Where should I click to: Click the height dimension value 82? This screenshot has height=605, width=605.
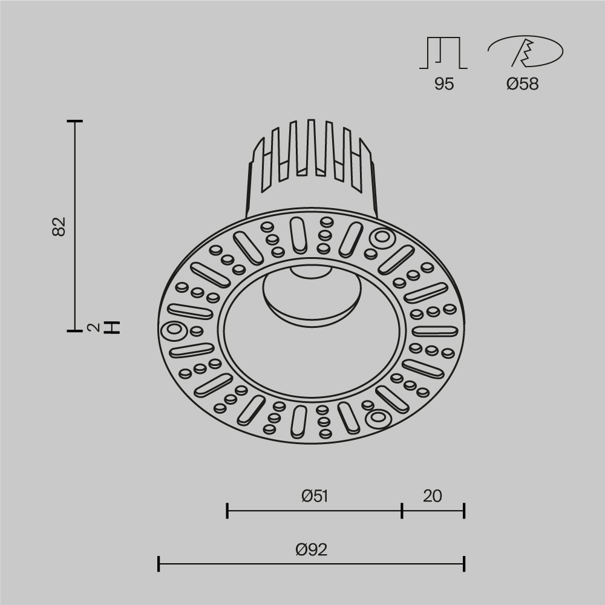click(x=59, y=226)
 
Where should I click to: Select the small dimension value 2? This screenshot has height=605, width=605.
click(x=93, y=327)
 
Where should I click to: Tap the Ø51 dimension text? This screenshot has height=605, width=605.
click(x=315, y=496)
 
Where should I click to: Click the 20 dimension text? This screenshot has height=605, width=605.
click(x=433, y=496)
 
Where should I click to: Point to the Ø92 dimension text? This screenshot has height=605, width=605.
click(x=312, y=549)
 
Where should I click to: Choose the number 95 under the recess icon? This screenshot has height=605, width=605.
click(x=443, y=84)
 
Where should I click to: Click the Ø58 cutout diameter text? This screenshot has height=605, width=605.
click(x=522, y=84)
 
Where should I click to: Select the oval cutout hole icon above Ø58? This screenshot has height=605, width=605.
click(x=525, y=52)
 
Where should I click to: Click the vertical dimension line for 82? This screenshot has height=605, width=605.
click(x=75, y=226)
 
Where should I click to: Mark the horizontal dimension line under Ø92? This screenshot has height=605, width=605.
click(x=312, y=564)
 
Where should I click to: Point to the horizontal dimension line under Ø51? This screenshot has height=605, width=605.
click(x=315, y=511)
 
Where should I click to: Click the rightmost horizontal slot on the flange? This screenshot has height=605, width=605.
click(x=434, y=331)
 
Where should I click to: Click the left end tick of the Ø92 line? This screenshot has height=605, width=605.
click(x=159, y=564)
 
